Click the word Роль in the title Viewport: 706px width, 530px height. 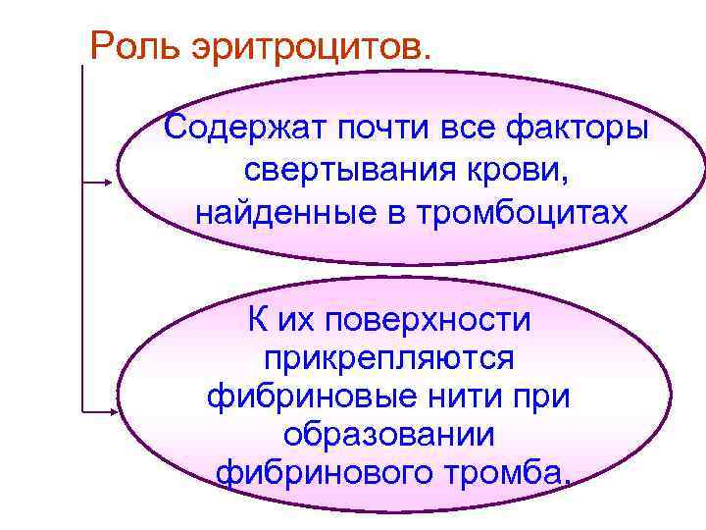tap(130, 44)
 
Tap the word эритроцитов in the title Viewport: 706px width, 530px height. tap(306, 44)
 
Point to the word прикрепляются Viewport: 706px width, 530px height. tap(389, 358)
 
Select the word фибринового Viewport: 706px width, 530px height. tap(325, 474)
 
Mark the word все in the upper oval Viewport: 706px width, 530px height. tap(462, 128)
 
